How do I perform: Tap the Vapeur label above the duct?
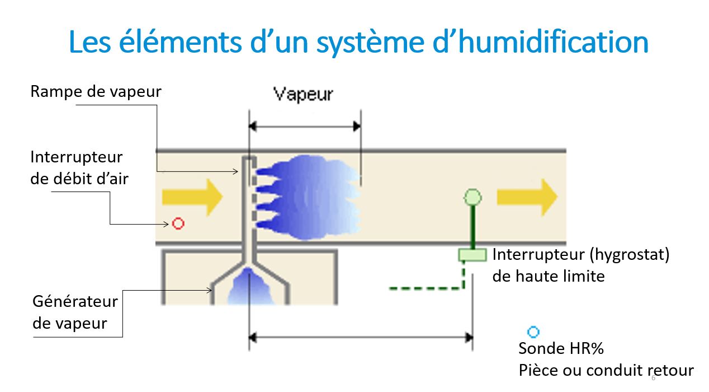303,94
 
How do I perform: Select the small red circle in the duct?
178,224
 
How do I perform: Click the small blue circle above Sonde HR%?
533,332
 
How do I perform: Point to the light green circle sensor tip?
473,197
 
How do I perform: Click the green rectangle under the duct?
472,255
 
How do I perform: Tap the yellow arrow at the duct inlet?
192,197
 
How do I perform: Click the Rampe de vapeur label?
96,92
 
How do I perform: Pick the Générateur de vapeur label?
75,312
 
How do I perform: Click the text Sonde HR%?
561,348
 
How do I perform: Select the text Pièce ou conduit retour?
606,370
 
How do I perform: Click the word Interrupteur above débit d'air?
76,157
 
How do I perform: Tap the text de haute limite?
548,276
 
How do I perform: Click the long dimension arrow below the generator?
361,338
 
